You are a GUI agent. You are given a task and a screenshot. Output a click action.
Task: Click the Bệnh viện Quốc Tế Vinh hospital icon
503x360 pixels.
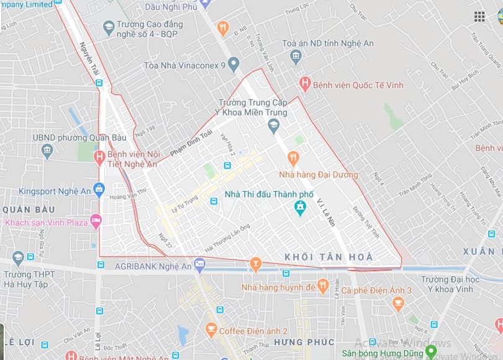[304, 83]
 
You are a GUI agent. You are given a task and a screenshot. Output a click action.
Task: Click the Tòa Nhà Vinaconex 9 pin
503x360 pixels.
[233, 63]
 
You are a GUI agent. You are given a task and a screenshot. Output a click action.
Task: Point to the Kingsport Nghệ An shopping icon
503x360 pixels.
[99, 189]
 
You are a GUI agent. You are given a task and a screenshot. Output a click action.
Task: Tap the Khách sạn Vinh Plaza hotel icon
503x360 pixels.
[96, 220]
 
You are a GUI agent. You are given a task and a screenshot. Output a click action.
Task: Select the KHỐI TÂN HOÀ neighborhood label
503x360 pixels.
[329, 257]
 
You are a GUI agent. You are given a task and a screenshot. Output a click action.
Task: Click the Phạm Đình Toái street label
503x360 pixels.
[191, 142]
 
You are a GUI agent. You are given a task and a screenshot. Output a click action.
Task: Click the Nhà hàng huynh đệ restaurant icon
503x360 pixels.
[322, 286]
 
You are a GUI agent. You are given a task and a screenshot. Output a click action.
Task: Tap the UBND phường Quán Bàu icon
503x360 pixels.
[47, 150]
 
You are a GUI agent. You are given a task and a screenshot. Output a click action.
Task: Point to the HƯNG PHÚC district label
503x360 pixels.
[304, 342]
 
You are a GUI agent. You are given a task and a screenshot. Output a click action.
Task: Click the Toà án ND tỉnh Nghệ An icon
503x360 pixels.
[296, 56]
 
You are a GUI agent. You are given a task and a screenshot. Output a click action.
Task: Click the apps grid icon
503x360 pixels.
[479, 17]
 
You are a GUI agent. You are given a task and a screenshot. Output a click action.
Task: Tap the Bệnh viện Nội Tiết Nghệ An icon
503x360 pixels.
[99, 158]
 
